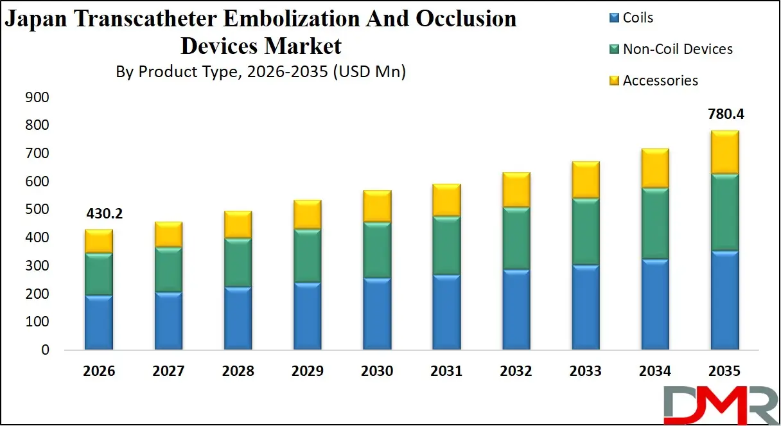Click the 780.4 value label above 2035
click(x=724, y=114)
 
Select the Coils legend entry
click(x=637, y=17)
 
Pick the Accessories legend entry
click(x=660, y=80)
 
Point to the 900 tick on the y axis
click(x=37, y=98)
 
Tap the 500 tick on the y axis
click(x=37, y=210)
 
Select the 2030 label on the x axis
click(x=377, y=371)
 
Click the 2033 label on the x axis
click(x=585, y=371)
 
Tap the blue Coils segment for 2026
click(x=99, y=323)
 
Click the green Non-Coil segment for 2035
click(x=724, y=212)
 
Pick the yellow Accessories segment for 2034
click(x=655, y=168)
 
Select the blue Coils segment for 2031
click(x=446, y=312)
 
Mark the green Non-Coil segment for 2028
click(x=238, y=263)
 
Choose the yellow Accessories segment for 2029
click(x=307, y=215)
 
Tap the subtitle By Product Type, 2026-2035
click(x=260, y=72)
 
